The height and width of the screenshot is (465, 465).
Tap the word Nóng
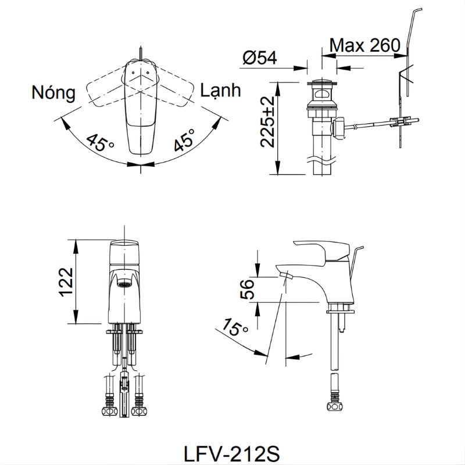click(x=54, y=92)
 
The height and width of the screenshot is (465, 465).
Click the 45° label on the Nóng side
click(x=100, y=142)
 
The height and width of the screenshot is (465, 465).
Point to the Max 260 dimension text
click(x=364, y=45)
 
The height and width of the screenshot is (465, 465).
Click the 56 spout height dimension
click(x=246, y=289)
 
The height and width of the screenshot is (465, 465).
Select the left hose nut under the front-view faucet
click(x=108, y=412)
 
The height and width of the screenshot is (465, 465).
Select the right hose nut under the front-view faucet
click(x=139, y=412)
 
